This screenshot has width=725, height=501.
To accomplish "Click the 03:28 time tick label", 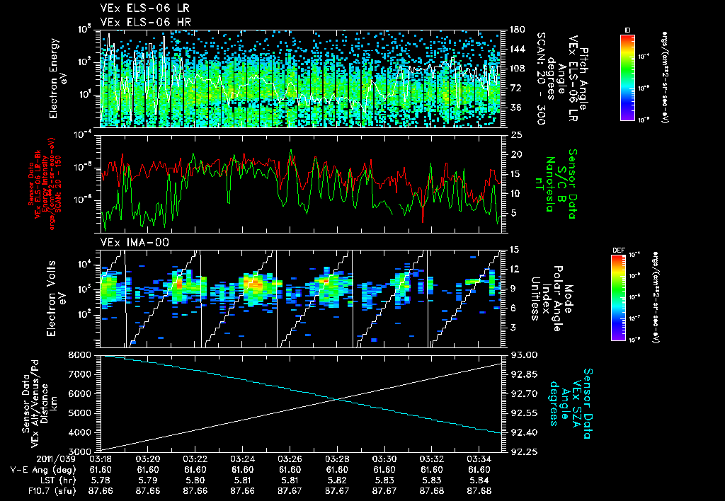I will point(336,459).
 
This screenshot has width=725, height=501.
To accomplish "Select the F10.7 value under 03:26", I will point(290,490).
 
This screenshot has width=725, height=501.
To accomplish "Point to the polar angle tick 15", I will point(515,249).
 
